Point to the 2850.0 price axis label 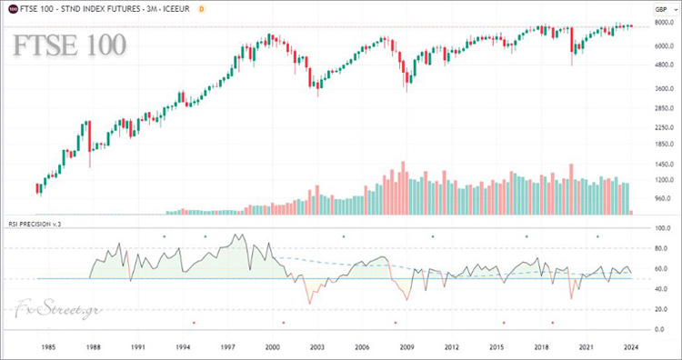click(661, 108)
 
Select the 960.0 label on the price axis click(661, 198)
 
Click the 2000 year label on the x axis click(272, 346)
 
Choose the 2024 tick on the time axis click(630, 346)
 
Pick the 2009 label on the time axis click(406, 346)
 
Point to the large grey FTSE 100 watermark click(70, 44)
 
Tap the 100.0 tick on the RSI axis click(661, 228)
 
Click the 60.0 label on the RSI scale click(661, 268)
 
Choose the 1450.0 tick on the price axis click(661, 164)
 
